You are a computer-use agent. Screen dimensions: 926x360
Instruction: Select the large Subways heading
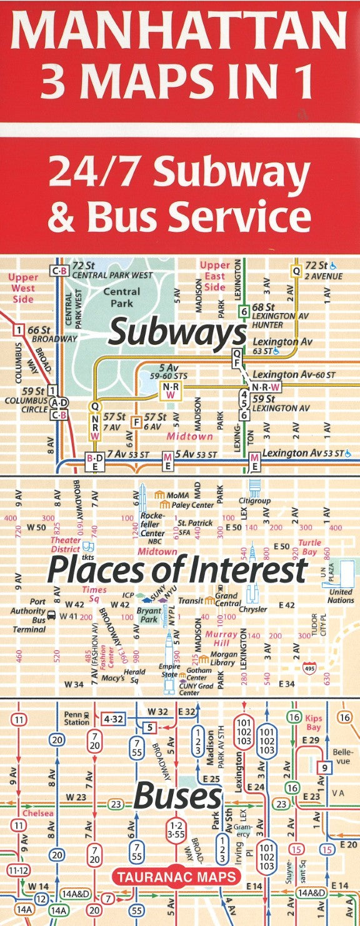[x=177, y=332]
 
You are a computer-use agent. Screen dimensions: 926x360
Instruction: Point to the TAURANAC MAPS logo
[x=177, y=877]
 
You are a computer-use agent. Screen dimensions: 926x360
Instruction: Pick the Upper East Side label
[x=214, y=276]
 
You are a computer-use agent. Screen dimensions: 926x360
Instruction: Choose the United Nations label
[x=341, y=596]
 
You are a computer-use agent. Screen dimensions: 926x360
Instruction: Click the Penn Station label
[x=76, y=718]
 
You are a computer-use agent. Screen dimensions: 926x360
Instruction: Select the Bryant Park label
[x=148, y=615]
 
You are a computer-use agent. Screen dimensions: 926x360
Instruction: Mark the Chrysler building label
[x=252, y=609]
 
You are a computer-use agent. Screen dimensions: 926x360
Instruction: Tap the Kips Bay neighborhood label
[x=313, y=723]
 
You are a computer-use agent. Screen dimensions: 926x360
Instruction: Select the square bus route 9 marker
[x=323, y=767]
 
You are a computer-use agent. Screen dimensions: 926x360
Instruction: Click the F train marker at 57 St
[x=134, y=422]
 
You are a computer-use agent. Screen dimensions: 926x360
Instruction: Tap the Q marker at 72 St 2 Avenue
[x=296, y=271]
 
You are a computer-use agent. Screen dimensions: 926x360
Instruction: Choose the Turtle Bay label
[x=309, y=547]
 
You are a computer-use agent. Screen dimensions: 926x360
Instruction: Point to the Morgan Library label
[x=222, y=659]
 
